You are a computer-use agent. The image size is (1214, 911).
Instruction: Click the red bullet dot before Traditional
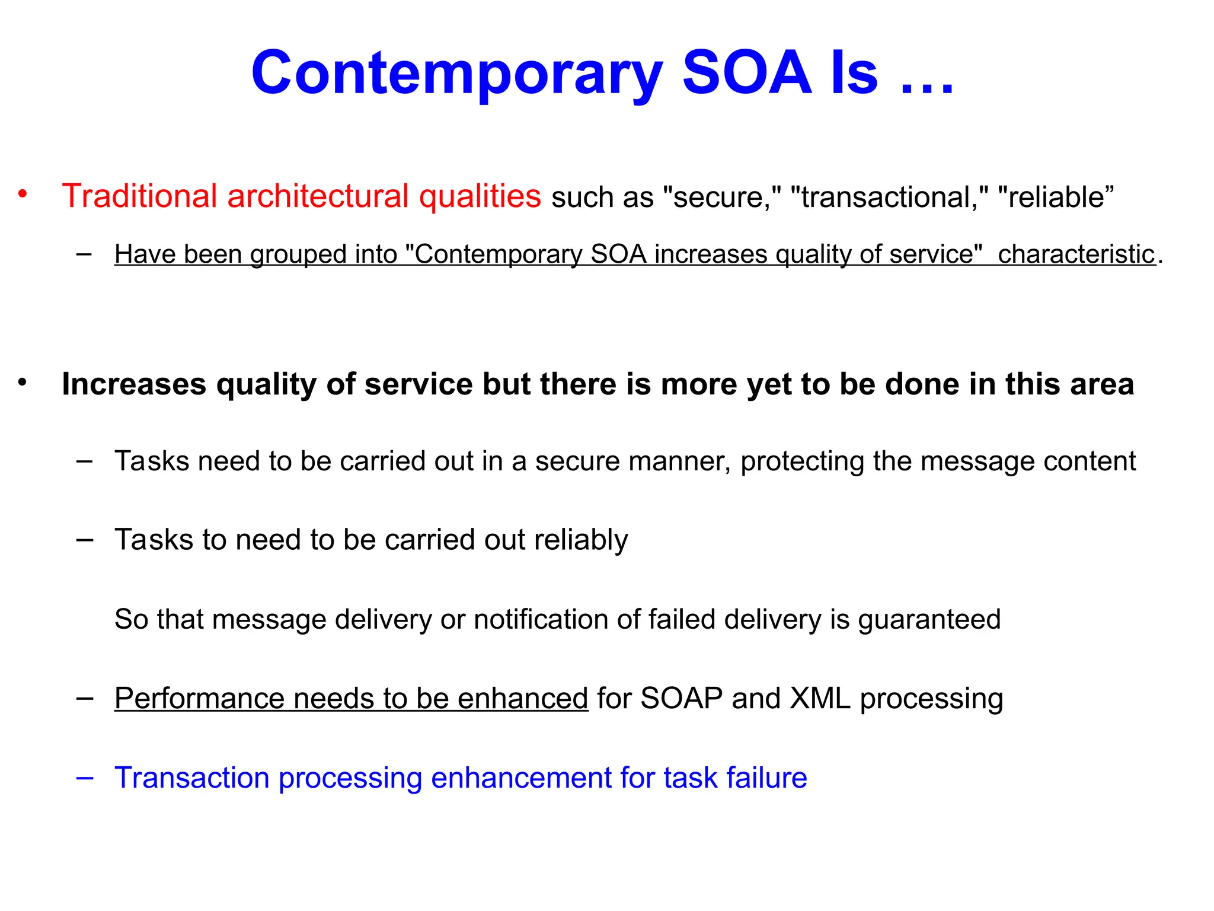[x=23, y=194]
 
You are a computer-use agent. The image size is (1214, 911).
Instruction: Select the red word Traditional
[x=139, y=196]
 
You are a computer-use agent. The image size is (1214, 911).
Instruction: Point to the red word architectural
[x=318, y=196]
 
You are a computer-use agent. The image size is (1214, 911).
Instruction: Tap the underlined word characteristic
[x=1076, y=255]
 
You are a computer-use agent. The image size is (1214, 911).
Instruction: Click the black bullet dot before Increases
[x=23, y=383]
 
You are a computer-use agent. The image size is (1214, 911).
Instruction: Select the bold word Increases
[x=134, y=384]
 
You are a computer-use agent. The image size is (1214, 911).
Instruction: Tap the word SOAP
[x=681, y=699]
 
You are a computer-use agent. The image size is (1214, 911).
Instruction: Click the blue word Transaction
[x=192, y=778]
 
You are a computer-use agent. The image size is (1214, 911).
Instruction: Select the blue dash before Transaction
[x=85, y=778]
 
